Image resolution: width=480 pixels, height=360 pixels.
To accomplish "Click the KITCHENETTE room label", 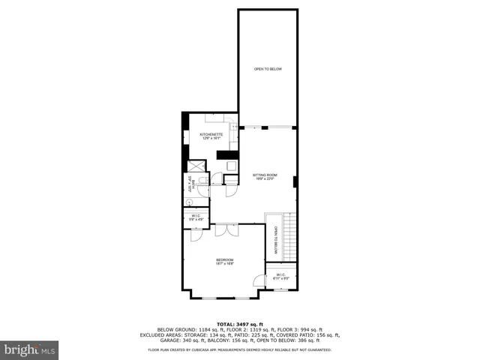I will (x=211, y=136).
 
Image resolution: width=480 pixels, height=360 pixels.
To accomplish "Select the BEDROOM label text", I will (x=224, y=261).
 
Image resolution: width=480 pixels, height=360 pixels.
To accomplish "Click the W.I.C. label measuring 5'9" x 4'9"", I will (x=196, y=217).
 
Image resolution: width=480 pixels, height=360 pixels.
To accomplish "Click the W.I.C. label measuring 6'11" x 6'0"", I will (x=281, y=277).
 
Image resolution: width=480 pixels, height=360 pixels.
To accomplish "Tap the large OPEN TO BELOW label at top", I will (x=267, y=69).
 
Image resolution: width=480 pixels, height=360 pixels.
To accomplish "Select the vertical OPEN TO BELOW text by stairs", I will (x=276, y=241).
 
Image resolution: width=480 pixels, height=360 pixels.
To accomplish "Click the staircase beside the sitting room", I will (x=289, y=237).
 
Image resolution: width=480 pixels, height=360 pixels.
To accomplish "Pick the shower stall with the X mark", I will (x=193, y=166).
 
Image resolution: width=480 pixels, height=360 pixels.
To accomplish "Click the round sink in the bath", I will (x=189, y=202).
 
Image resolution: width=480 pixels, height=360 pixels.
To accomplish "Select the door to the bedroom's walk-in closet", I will (x=259, y=280).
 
